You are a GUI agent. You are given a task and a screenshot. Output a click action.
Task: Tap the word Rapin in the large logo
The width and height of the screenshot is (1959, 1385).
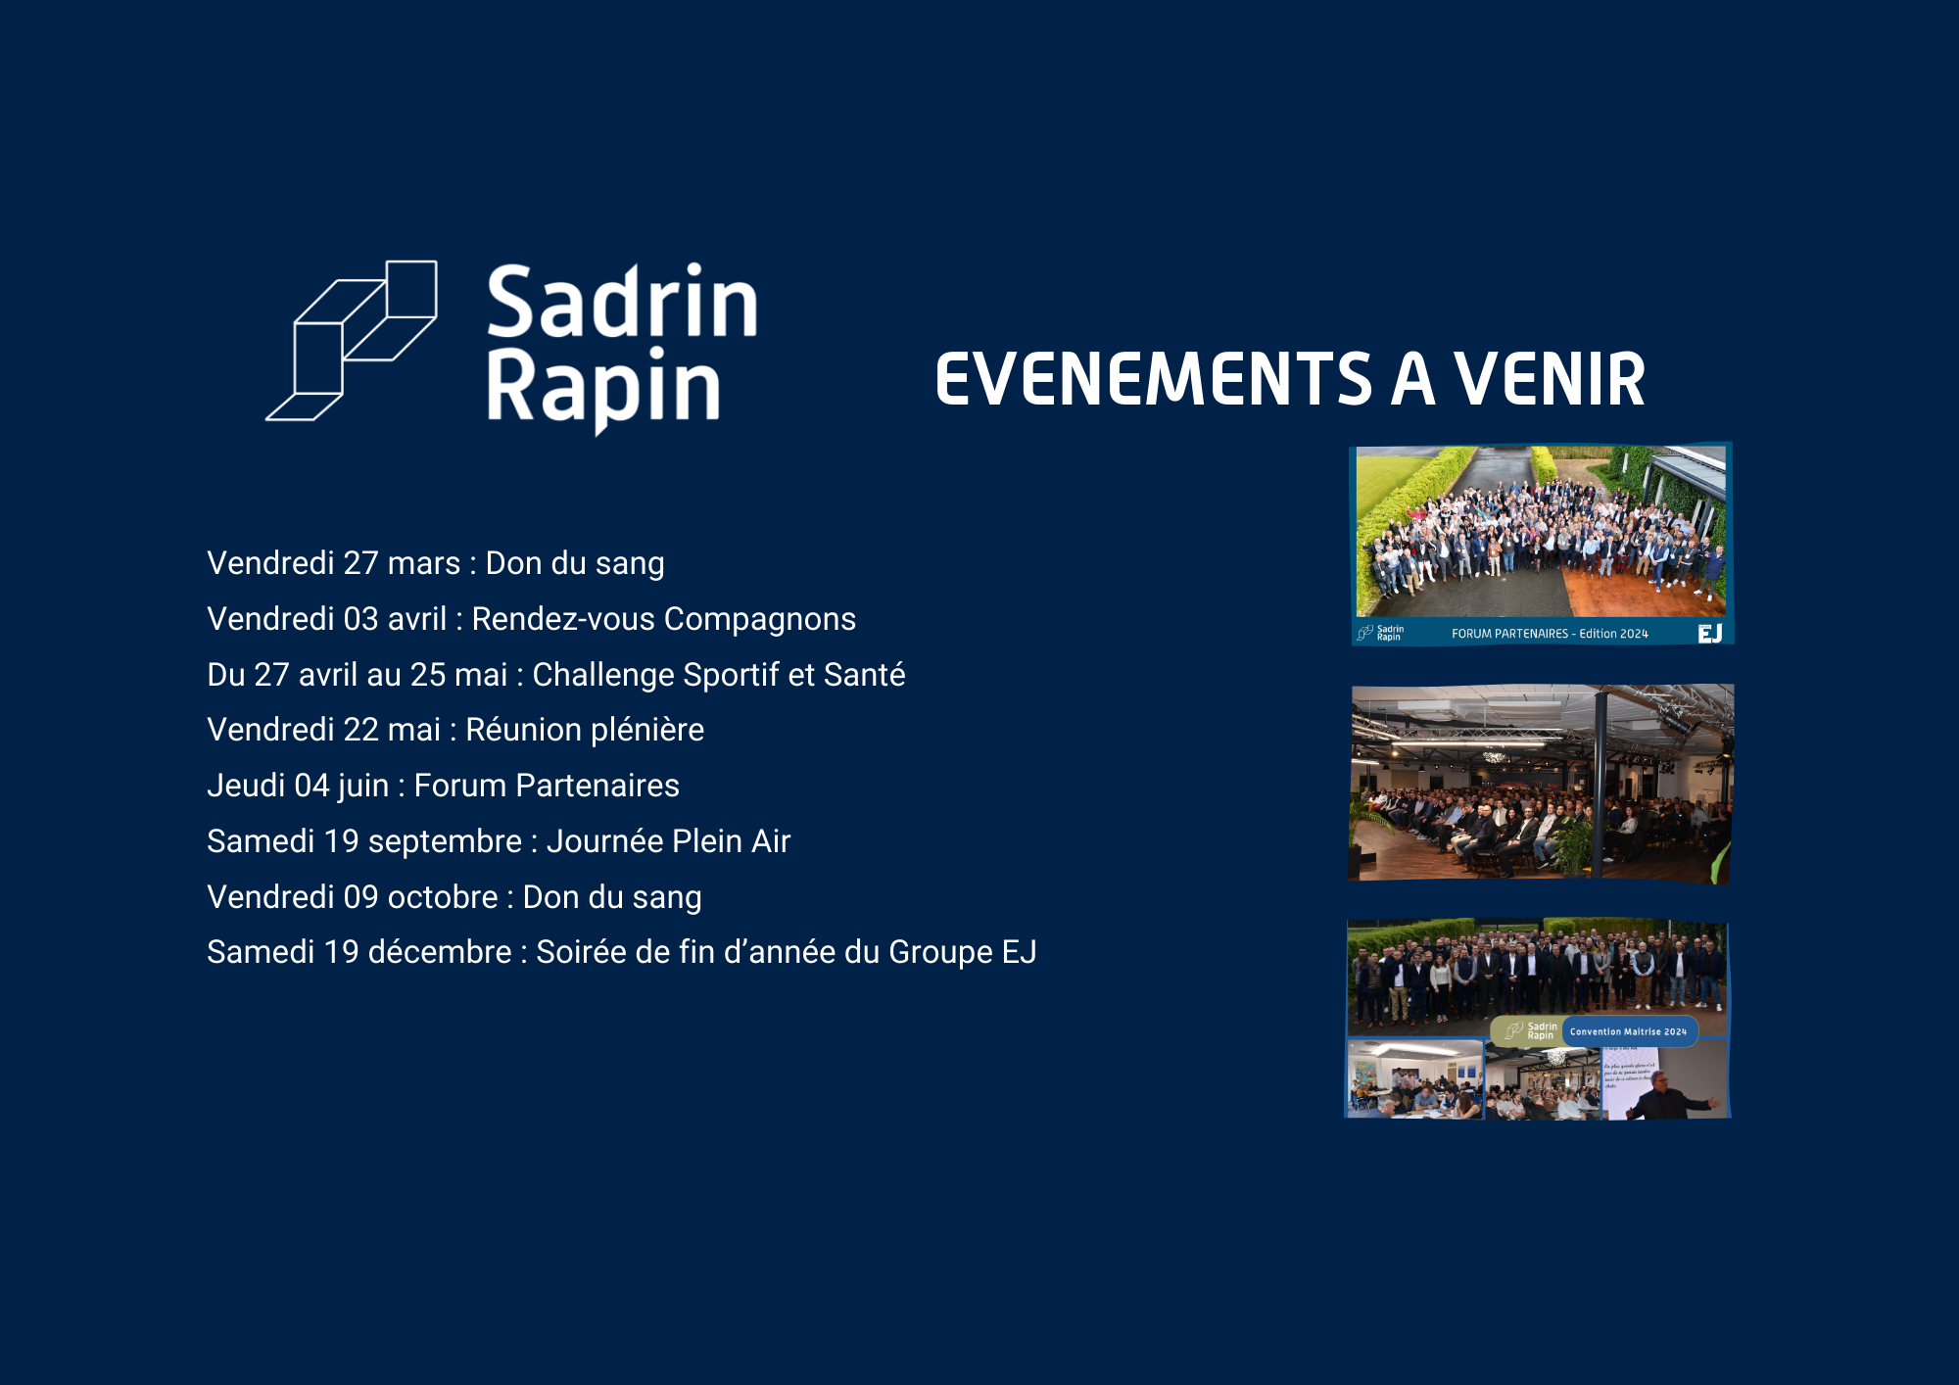click(603, 389)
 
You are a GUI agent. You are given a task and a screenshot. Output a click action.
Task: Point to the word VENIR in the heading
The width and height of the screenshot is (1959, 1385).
click(1549, 380)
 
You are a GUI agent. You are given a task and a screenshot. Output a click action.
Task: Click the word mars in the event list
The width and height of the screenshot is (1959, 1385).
click(423, 564)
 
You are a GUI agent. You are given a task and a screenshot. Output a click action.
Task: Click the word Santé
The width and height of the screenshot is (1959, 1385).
click(864, 675)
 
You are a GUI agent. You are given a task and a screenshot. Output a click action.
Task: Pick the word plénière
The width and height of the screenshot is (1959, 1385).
click(646, 731)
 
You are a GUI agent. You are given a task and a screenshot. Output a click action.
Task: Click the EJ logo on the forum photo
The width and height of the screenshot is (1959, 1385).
click(1709, 634)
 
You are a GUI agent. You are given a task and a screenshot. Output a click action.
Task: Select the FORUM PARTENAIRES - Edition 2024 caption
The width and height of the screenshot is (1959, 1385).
click(1549, 634)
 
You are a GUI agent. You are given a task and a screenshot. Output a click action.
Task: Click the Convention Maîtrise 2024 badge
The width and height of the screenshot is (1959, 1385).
click(1628, 1031)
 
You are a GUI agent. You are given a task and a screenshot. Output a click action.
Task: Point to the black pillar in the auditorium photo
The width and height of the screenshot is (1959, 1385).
click(1599, 784)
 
